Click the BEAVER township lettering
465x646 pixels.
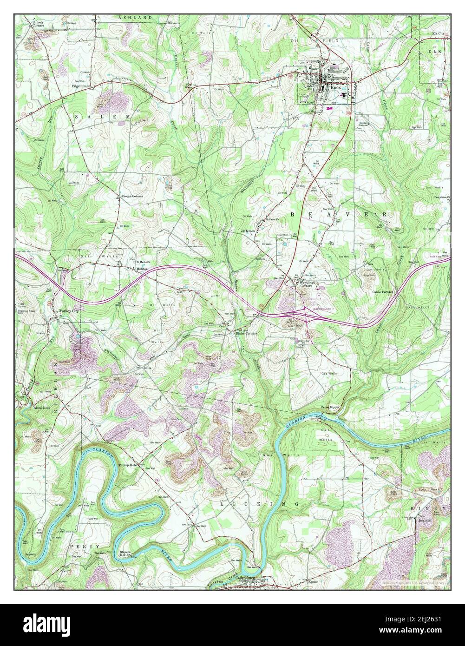coord(338,214)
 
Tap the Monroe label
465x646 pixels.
coord(142,269)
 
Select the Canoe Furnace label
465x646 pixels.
coord(383,292)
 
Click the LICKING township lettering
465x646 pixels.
coord(259,504)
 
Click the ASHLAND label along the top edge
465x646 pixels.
coord(135,17)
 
